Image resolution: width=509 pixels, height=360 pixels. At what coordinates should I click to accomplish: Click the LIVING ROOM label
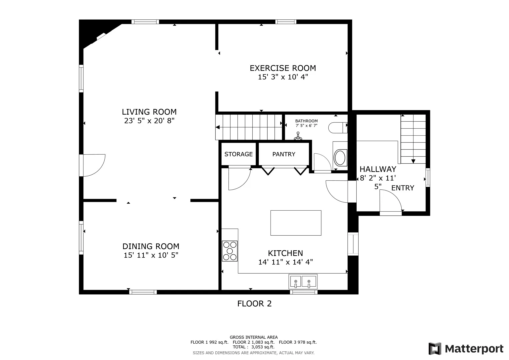(x=149, y=112)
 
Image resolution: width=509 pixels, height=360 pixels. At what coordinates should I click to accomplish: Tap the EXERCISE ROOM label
(x=283, y=68)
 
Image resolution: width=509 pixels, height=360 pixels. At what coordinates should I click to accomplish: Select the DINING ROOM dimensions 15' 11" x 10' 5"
(x=151, y=255)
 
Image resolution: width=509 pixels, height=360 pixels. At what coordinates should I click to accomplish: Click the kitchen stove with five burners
(x=230, y=251)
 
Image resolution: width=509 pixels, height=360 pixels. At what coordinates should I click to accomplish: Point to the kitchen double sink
(x=303, y=282)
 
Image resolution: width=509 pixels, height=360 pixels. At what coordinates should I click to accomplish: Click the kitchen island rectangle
(x=296, y=223)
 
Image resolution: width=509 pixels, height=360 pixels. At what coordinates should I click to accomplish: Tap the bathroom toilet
(x=338, y=128)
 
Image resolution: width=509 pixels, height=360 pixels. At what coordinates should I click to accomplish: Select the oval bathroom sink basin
(x=340, y=157)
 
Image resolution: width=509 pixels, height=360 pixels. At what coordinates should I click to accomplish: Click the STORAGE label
(x=239, y=154)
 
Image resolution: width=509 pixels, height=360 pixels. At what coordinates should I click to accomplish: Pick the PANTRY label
(x=284, y=154)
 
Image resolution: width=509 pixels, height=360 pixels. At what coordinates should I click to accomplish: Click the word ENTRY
(x=403, y=188)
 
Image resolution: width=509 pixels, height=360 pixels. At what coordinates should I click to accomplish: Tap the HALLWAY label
(x=378, y=169)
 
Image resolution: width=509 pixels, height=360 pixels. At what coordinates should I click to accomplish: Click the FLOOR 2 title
(x=255, y=304)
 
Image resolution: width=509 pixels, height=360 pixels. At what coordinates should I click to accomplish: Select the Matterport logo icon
(x=435, y=348)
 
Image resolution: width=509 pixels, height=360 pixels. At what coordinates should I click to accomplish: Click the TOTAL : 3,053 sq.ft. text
(x=254, y=347)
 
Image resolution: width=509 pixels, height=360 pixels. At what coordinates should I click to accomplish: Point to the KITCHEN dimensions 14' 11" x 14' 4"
(x=286, y=262)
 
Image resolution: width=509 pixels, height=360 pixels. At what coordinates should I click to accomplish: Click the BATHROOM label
(x=306, y=121)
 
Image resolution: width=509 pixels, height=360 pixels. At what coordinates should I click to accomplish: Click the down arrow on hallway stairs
(x=413, y=161)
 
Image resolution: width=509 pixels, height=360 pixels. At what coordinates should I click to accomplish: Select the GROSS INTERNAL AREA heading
(x=254, y=337)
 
